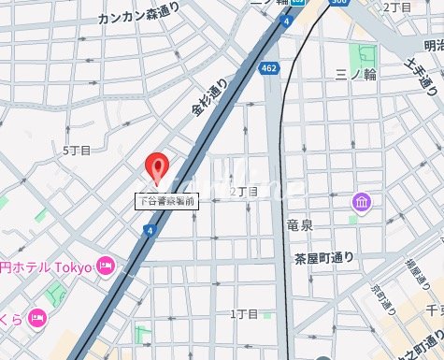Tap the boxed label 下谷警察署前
click(165, 200)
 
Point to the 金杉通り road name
click(209, 95)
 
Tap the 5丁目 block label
click(77, 150)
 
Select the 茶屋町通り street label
click(322, 257)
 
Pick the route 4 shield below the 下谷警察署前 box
click(150, 231)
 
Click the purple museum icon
click(361, 202)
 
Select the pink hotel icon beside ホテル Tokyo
click(105, 267)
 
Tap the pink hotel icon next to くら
click(38, 316)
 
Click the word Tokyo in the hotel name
click(74, 267)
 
